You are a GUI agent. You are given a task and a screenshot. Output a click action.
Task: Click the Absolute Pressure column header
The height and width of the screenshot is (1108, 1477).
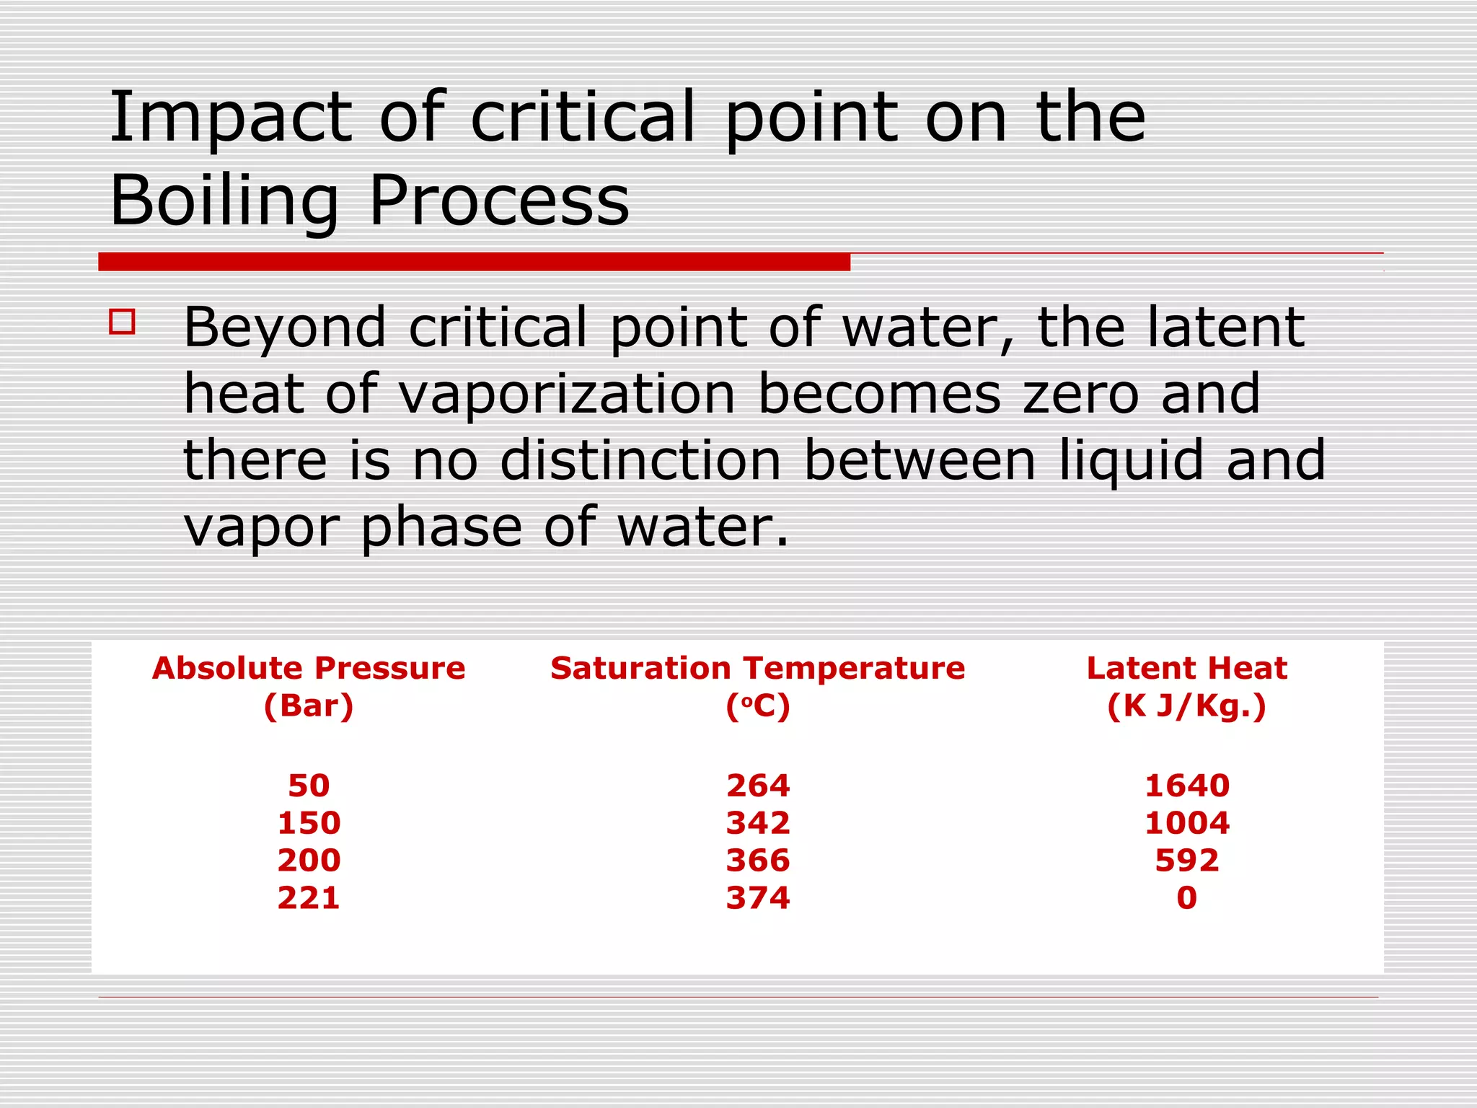(x=309, y=669)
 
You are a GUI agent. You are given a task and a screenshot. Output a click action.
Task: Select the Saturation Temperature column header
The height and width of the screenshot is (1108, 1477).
(x=757, y=669)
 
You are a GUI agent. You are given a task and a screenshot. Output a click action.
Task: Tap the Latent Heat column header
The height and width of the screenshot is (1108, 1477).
(x=1186, y=669)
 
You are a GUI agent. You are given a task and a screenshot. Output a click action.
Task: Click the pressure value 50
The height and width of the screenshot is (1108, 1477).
(x=309, y=786)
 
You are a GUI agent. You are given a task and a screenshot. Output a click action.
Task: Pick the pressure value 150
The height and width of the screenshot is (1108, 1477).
(x=309, y=823)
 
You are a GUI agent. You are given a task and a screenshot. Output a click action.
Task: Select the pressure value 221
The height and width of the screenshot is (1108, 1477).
(x=309, y=898)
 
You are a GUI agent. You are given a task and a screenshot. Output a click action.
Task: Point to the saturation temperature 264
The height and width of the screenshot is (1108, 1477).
(x=758, y=786)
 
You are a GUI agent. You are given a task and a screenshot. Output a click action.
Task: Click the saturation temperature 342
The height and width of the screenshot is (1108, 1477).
(x=758, y=823)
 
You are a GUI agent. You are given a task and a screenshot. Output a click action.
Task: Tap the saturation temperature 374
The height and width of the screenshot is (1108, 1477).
(x=758, y=898)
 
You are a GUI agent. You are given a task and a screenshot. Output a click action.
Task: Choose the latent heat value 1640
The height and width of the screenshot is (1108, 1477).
(x=1187, y=786)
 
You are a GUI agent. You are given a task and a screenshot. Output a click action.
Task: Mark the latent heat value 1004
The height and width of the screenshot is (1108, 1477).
(x=1187, y=823)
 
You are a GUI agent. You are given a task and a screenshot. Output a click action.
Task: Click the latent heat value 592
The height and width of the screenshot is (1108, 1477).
(x=1187, y=861)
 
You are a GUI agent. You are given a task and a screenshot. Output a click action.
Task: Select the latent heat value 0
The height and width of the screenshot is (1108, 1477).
(x=1187, y=898)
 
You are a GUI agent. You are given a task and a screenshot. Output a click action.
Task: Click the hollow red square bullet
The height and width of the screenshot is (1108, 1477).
(x=122, y=322)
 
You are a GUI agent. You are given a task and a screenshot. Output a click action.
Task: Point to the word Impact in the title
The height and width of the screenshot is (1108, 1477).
(x=231, y=118)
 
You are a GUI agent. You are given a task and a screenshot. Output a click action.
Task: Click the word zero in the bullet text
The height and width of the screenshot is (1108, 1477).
(x=1081, y=394)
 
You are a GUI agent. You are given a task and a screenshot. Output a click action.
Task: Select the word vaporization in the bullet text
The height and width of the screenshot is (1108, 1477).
(x=567, y=394)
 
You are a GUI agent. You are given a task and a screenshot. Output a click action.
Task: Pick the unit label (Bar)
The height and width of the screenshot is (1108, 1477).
(x=309, y=706)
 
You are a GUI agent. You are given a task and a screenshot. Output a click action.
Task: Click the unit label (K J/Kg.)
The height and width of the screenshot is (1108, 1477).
(x=1186, y=706)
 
